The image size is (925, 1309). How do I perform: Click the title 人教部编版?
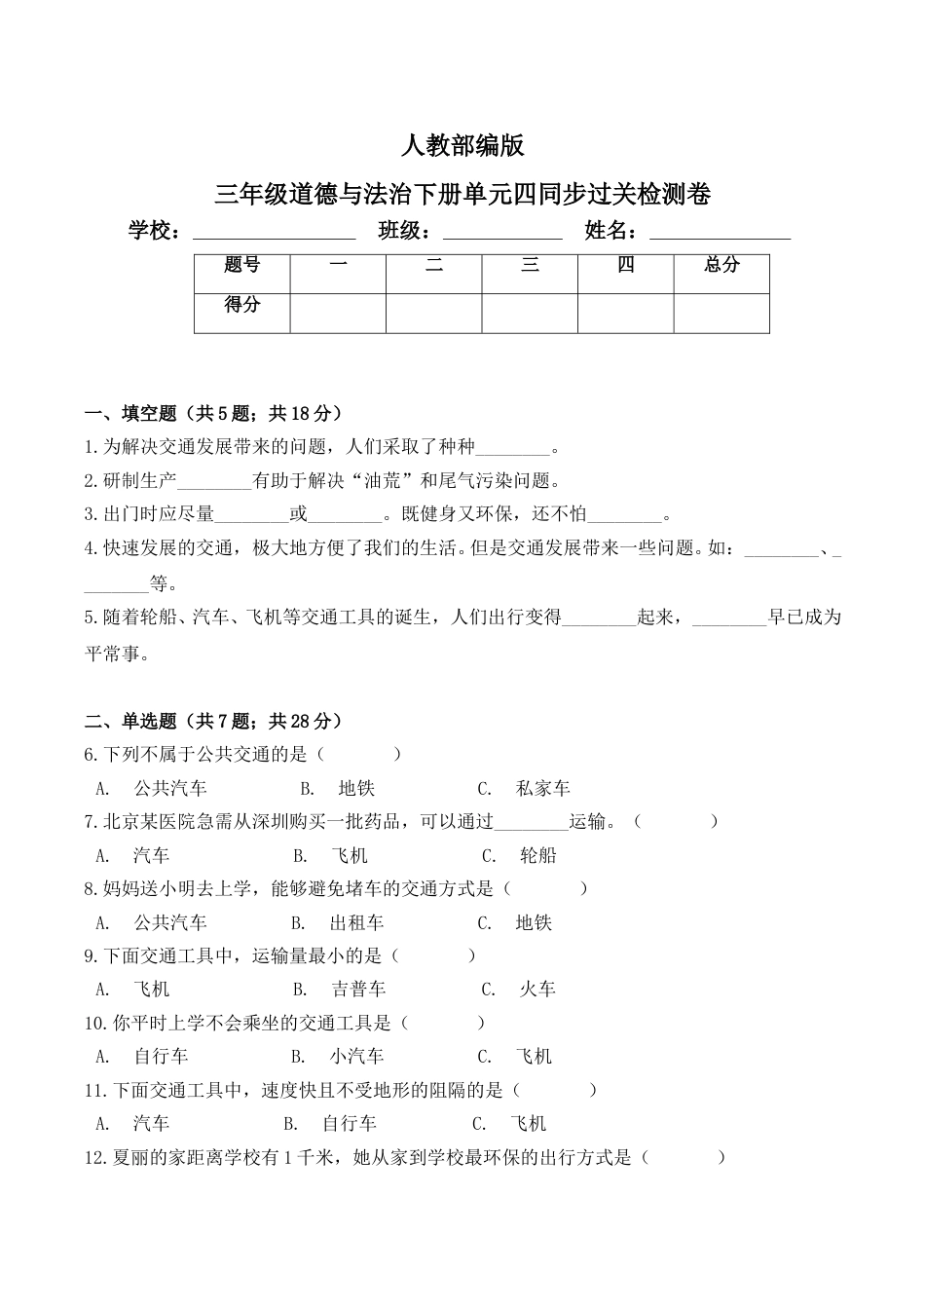click(x=462, y=146)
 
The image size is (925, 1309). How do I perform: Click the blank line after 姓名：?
click(x=720, y=234)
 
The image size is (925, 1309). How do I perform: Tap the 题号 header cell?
click(x=241, y=265)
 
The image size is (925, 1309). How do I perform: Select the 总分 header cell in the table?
click(x=721, y=265)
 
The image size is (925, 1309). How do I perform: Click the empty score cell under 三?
click(x=530, y=312)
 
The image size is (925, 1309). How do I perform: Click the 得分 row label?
click(x=241, y=305)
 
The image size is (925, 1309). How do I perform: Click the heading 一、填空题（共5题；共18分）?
click(x=213, y=414)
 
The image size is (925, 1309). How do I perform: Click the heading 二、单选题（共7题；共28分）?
click(x=213, y=722)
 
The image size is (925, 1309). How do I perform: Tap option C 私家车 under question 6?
click(x=542, y=789)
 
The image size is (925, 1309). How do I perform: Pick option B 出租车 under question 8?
click(x=356, y=922)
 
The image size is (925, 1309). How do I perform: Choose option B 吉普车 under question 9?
click(x=358, y=990)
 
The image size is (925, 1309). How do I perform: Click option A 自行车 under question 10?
click(x=161, y=1057)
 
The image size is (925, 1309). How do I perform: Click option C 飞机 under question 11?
click(x=529, y=1124)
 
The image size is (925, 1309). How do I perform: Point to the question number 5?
click(x=91, y=617)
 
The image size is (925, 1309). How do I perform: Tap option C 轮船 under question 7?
click(x=537, y=856)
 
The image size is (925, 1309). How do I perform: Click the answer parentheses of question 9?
click(x=435, y=956)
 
